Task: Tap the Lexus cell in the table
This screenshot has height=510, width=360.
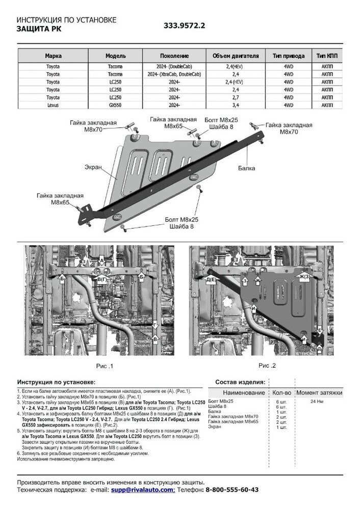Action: tap(53, 105)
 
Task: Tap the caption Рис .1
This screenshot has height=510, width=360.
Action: tap(104, 366)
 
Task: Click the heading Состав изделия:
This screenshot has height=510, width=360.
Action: tap(240, 382)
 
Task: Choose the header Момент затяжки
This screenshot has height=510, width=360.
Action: tap(319, 393)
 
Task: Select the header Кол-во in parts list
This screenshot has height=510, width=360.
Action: tap(281, 393)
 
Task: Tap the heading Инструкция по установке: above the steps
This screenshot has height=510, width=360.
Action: tap(56, 382)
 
